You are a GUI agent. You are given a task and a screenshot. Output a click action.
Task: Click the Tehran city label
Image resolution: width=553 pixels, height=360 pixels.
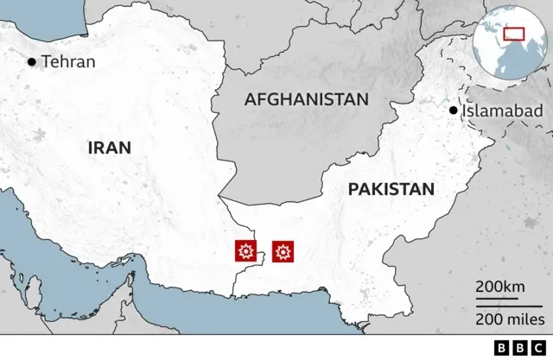(x=68, y=61)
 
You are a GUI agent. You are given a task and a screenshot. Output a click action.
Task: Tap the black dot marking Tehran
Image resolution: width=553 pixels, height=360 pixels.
(x=33, y=61)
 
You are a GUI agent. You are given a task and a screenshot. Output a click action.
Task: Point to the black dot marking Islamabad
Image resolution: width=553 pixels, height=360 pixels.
(x=453, y=111)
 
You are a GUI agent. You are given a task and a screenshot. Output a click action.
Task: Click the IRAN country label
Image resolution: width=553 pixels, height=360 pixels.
(x=110, y=148)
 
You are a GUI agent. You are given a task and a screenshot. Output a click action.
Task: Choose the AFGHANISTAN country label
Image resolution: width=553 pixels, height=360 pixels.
(x=307, y=99)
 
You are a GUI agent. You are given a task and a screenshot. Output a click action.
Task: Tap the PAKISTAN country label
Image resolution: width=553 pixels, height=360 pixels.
(x=391, y=189)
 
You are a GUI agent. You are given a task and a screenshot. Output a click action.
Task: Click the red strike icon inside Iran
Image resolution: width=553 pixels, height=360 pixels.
(x=246, y=251)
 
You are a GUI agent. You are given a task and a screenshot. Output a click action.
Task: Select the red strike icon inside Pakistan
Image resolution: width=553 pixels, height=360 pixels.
(x=283, y=251)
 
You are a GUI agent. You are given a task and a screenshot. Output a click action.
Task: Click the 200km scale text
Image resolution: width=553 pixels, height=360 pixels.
(x=499, y=287)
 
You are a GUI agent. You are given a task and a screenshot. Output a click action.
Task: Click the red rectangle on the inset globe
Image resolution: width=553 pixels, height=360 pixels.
(x=514, y=33)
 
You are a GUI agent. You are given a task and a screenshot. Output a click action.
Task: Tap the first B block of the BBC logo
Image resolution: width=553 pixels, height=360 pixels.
(x=503, y=347)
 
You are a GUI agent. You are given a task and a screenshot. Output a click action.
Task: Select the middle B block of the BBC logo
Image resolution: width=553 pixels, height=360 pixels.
(x=521, y=347)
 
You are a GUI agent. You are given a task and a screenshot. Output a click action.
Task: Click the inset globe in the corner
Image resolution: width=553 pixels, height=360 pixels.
(x=511, y=40)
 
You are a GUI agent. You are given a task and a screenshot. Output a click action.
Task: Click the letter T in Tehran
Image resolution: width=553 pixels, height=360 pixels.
(x=46, y=61)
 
